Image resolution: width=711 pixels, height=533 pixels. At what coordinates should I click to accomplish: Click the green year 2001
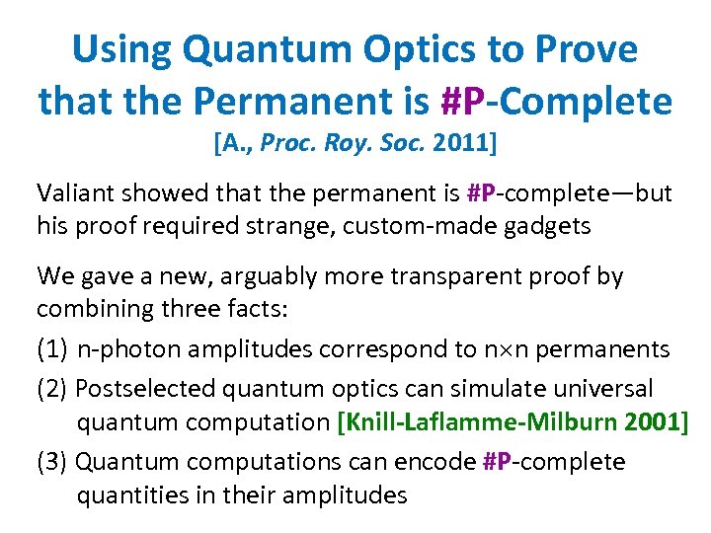click(x=652, y=422)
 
